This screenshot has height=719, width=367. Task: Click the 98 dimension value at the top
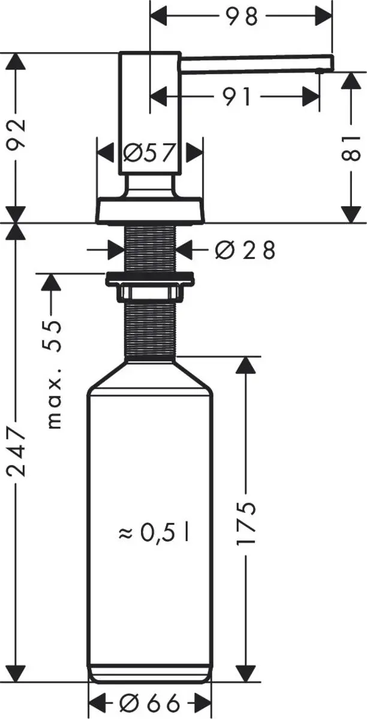point(243,16)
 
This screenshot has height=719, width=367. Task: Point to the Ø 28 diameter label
point(244,250)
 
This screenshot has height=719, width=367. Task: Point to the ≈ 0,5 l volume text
point(154,532)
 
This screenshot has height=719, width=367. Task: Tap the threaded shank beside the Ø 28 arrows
point(149,249)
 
